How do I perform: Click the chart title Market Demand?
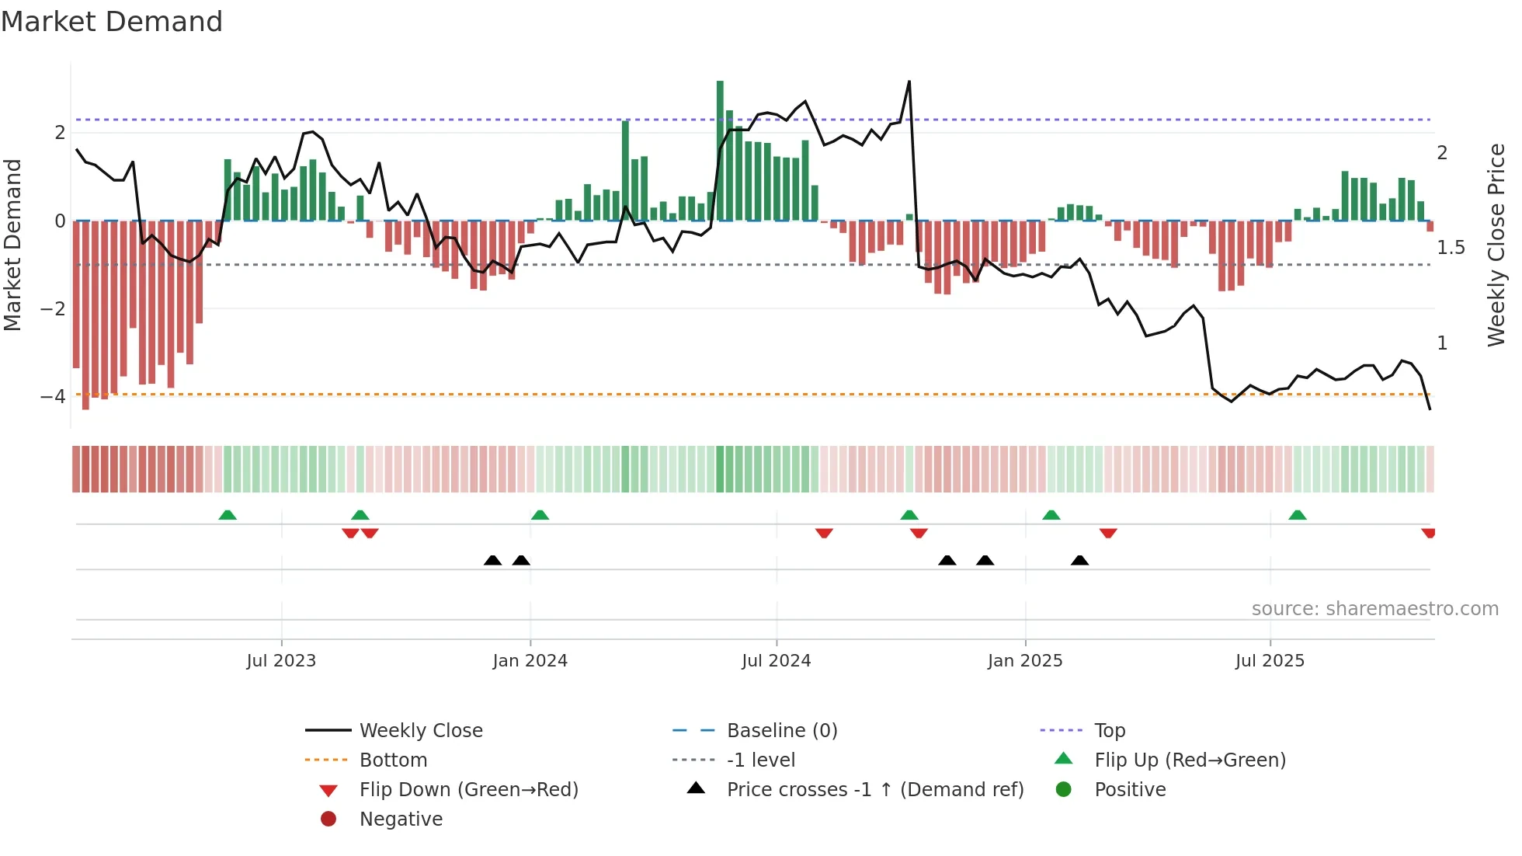pos(112,22)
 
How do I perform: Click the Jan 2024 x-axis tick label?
pos(530,661)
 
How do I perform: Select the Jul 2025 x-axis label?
pos(1270,661)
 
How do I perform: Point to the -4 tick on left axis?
pos(53,397)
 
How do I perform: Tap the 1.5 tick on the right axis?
pos(1451,248)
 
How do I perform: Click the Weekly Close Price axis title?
pos(1496,245)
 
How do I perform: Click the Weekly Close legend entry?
pos(420,731)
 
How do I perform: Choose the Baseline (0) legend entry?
pos(781,731)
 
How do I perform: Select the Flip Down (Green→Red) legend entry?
pos(468,790)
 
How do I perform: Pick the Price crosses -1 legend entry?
pos(874,790)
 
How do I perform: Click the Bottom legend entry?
pos(393,760)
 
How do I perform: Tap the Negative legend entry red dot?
pos(328,819)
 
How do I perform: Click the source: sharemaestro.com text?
pos(1374,609)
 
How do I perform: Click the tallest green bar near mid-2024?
pos(720,148)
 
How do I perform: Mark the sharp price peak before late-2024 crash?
pos(909,82)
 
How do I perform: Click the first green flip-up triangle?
pos(228,515)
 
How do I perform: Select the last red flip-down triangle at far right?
pos(1428,533)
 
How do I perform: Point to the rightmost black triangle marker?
pos(1079,560)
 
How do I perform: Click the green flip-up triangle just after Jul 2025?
pos(1297,515)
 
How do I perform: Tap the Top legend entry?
pos(1109,731)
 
